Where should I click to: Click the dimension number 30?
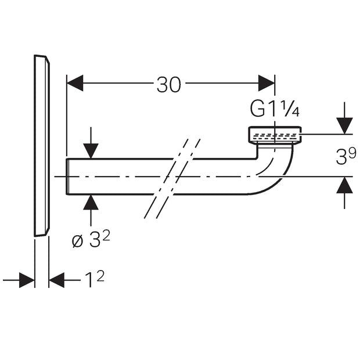click(x=169, y=85)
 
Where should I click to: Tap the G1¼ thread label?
click(x=275, y=109)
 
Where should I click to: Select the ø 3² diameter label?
click(x=91, y=239)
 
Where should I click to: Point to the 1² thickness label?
click(x=95, y=279)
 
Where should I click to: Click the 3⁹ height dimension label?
click(x=346, y=156)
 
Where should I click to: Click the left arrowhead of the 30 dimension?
click(x=75, y=83)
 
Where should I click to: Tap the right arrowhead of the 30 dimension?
click(x=267, y=83)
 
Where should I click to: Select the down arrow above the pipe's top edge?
click(x=91, y=143)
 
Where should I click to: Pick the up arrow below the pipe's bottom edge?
click(x=91, y=210)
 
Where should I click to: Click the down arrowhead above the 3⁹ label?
click(x=344, y=125)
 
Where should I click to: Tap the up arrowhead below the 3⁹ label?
click(x=344, y=185)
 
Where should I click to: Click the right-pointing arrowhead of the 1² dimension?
click(x=27, y=280)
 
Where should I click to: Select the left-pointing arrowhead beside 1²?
click(x=57, y=280)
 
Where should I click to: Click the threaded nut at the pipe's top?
click(x=275, y=135)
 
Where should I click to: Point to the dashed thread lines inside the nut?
click(x=275, y=137)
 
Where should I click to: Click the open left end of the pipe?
click(x=67, y=177)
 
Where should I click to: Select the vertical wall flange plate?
click(x=42, y=146)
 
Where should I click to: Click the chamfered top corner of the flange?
click(x=48, y=60)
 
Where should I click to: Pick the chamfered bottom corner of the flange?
click(x=48, y=232)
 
